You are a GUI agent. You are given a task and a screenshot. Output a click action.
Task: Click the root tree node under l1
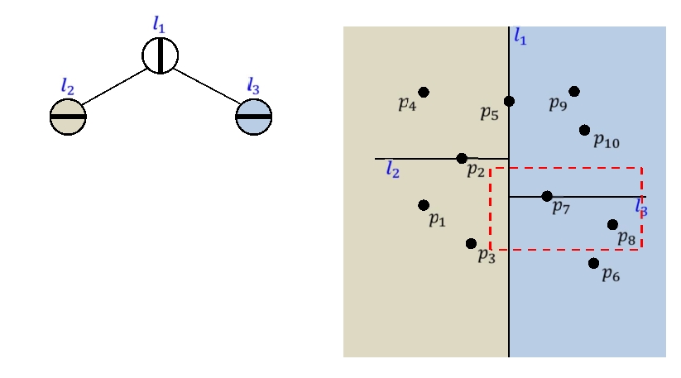(x=160, y=55)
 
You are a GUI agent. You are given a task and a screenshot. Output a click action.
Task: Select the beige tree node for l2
(x=68, y=117)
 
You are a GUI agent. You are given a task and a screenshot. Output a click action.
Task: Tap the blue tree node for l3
(x=254, y=117)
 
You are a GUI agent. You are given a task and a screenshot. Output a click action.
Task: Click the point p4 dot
(x=424, y=92)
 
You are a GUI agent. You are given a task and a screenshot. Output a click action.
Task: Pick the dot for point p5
(x=509, y=101)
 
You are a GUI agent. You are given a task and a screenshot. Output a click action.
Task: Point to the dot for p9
(x=574, y=91)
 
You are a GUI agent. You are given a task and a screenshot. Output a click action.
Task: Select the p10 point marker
(x=585, y=130)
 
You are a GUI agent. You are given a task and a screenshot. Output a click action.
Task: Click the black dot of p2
(x=462, y=158)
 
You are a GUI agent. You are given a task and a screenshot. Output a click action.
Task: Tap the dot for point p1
(x=424, y=204)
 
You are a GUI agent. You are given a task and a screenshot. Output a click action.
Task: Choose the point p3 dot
(x=471, y=243)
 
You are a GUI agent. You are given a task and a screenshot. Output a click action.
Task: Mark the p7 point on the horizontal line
(x=547, y=196)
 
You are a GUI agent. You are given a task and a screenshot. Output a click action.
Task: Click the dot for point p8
(x=612, y=224)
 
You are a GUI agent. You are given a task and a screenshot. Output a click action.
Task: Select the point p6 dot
(x=593, y=263)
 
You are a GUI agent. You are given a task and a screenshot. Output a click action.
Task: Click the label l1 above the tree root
(x=159, y=23)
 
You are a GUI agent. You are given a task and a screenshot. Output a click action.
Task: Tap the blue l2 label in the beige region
(x=392, y=170)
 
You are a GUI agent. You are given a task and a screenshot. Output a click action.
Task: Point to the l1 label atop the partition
(x=520, y=36)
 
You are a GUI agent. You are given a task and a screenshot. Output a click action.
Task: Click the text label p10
(x=606, y=141)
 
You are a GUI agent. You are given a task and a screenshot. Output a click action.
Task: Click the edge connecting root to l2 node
(x=114, y=87)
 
